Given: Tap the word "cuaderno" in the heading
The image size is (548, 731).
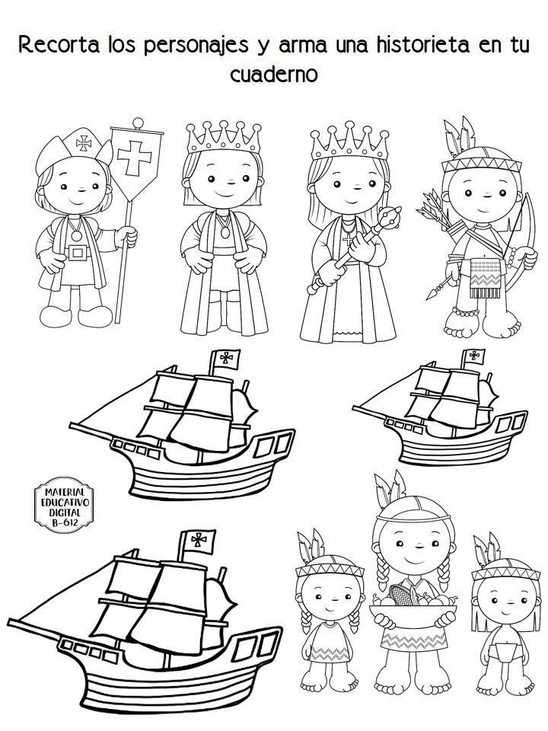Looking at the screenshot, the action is tap(274, 74).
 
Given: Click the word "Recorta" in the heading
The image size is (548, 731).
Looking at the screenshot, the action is tap(59, 45).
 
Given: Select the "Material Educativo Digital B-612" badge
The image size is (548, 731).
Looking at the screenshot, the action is tap(64, 504).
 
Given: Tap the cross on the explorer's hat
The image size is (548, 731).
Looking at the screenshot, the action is tap(84, 142).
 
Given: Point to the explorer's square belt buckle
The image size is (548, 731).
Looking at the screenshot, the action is tap(78, 253).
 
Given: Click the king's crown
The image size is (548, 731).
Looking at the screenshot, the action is tap(224, 138).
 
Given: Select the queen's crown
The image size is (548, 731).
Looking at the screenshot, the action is tap(349, 141).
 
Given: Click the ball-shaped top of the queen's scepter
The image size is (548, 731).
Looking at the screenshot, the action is tap(391, 216).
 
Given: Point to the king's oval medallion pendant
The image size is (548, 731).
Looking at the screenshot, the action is tap(225, 231).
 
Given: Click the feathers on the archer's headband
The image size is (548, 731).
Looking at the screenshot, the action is tap(460, 134).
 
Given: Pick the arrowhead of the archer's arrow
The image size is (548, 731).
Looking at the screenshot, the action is tap(432, 293).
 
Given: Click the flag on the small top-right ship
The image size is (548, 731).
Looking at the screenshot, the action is tap(473, 356).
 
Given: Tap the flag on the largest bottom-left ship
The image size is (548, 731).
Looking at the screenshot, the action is tap(199, 541).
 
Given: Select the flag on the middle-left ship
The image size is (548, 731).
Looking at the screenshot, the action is tap(227, 359).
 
